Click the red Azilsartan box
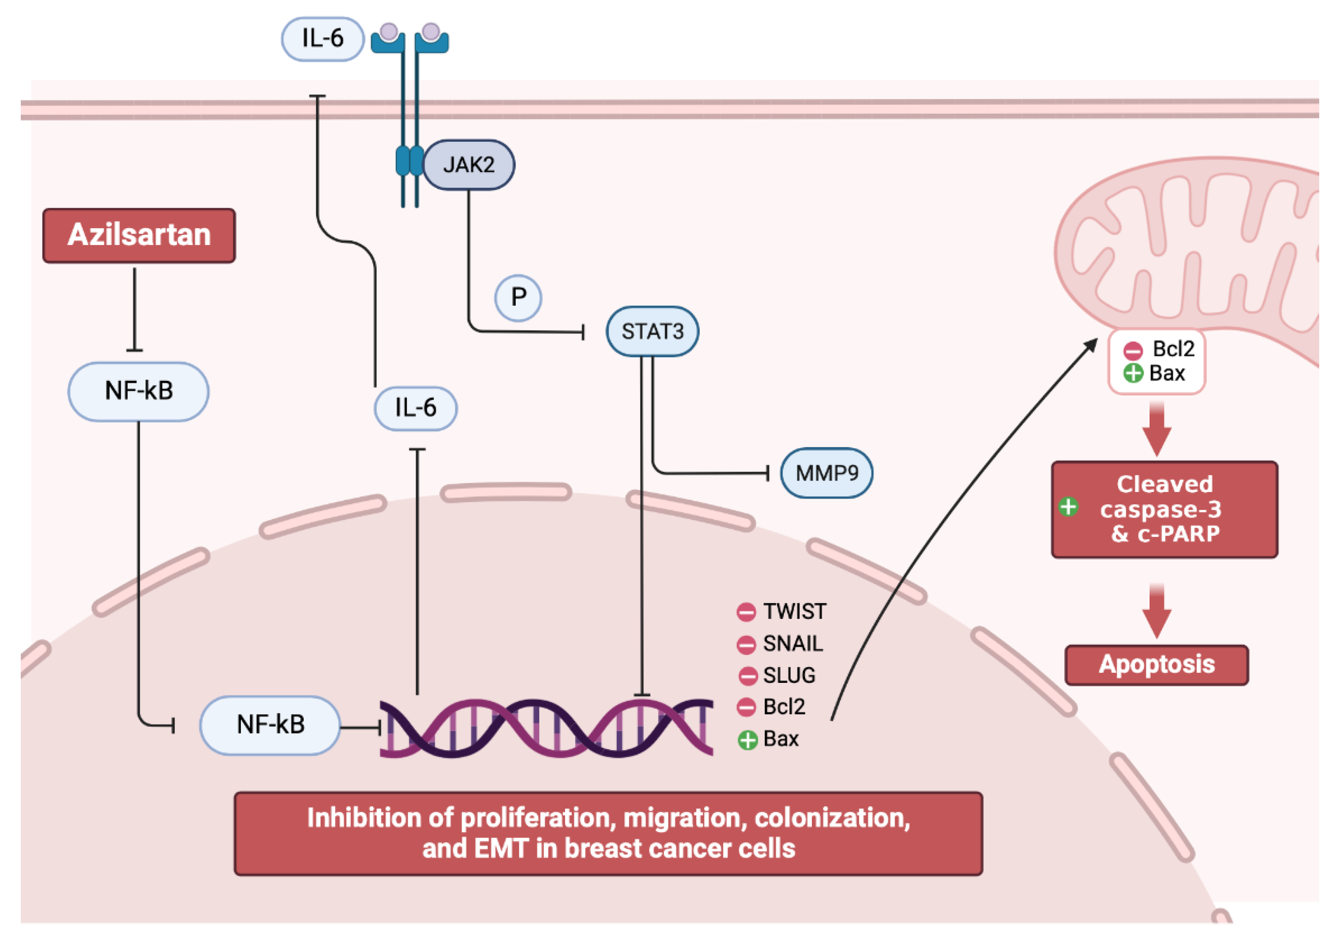[x=139, y=235]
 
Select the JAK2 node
[x=469, y=165]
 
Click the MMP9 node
[x=826, y=473]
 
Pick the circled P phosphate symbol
[x=518, y=298]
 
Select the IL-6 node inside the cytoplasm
[x=416, y=408]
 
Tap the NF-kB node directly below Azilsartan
[x=138, y=391]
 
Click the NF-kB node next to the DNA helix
[x=270, y=725]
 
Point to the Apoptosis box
[x=1156, y=665]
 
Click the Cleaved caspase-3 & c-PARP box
[x=1164, y=509]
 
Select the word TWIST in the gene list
[x=794, y=612]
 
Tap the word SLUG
[x=789, y=675]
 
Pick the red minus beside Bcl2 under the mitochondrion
[x=1133, y=351]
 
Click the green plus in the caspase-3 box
[x=1069, y=506]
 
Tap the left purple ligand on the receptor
[x=389, y=31]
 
